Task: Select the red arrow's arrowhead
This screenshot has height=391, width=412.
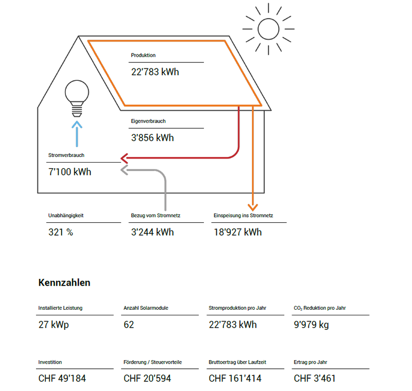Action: tap(124, 158)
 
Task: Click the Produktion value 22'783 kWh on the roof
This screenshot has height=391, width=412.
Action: tap(155, 72)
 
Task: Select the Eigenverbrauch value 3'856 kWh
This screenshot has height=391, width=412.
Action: tap(152, 138)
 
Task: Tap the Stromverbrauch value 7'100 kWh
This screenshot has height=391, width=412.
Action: tap(70, 172)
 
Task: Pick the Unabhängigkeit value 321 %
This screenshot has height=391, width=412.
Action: tap(60, 232)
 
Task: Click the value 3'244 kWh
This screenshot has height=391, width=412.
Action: tap(152, 232)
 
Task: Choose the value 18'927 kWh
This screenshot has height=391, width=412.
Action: tap(237, 232)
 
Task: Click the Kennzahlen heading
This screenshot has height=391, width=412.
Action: tap(64, 282)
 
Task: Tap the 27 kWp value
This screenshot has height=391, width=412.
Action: tap(53, 325)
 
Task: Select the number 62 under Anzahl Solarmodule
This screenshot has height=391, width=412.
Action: tap(129, 325)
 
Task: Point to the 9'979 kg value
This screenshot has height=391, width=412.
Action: tap(311, 325)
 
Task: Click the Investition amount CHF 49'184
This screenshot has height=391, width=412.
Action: tap(62, 379)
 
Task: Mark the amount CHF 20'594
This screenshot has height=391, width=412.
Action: tap(147, 379)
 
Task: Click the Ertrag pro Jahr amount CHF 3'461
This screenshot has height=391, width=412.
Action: tap(315, 379)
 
